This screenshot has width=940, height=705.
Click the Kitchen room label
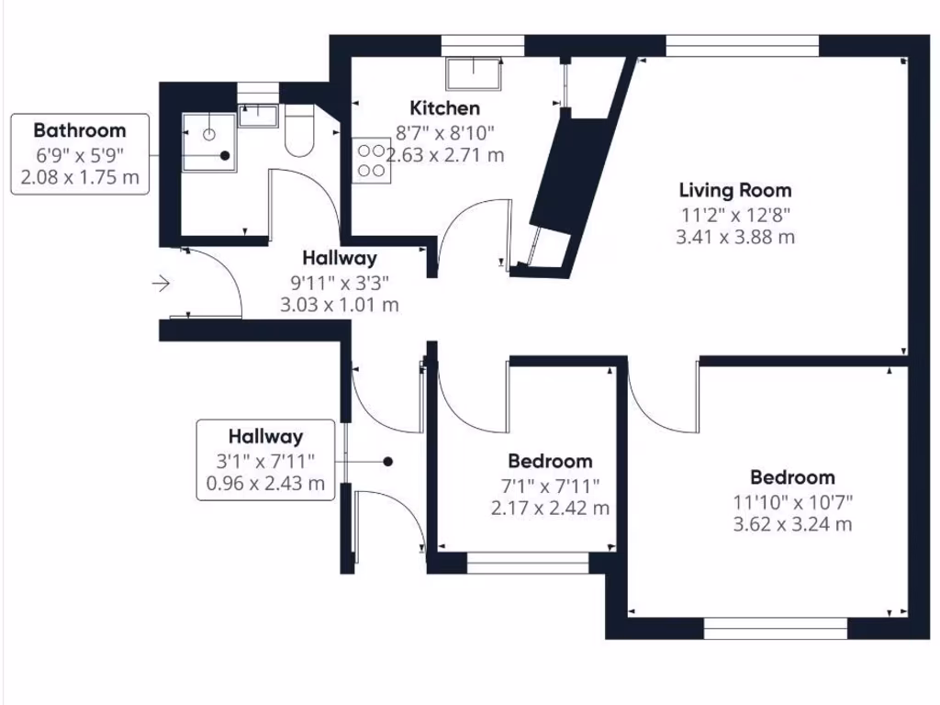pos(444,107)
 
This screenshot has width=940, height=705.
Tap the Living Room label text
pos(734,191)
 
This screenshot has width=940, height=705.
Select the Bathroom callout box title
pos(80,130)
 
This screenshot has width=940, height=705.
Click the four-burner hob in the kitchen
pos(370,158)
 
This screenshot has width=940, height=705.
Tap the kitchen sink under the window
pos(474,71)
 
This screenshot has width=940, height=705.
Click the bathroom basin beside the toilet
pos(258,115)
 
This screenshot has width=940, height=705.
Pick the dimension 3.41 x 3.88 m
pos(734,237)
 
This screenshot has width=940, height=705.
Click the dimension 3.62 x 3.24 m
pos(793,525)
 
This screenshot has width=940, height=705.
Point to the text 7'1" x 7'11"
pos(551,485)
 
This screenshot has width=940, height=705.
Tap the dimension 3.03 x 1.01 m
pos(340,305)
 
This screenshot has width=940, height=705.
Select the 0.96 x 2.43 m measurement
pos(265,484)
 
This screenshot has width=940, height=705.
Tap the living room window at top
pos(743,44)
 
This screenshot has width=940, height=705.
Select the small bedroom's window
pos(528,563)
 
